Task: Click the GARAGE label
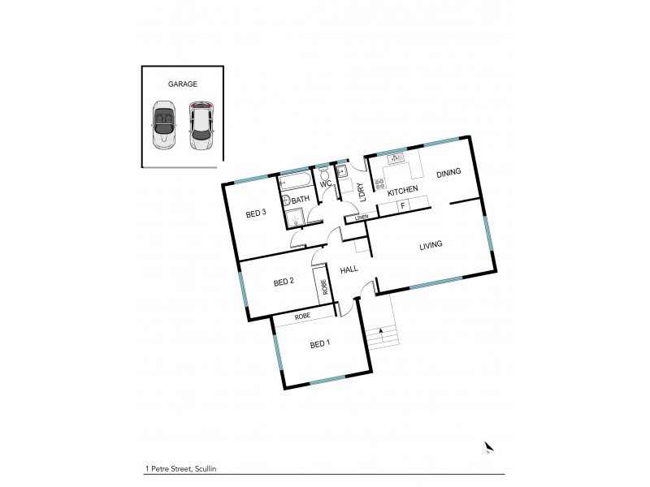[182, 84]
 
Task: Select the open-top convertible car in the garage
[165, 125]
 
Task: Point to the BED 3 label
[256, 214]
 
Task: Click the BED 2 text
[283, 282]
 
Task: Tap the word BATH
[301, 200]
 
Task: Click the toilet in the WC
[323, 176]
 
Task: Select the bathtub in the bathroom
[295, 183]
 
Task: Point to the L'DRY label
[361, 192]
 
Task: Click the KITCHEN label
[402, 191]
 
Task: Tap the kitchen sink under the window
[397, 159]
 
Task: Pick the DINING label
[448, 172]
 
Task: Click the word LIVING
[431, 246]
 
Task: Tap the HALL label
[349, 270]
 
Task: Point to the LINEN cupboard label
[361, 218]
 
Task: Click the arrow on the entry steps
[380, 329]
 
